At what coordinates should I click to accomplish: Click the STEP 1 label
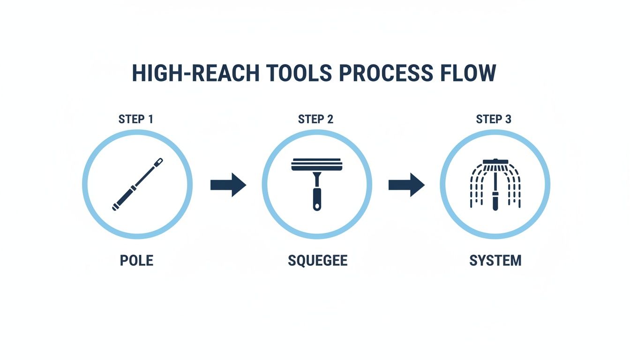click(136, 119)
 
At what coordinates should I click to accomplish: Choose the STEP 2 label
click(316, 119)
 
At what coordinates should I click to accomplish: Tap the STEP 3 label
click(494, 119)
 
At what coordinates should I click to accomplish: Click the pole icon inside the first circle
click(137, 184)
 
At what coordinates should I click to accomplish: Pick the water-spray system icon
click(495, 184)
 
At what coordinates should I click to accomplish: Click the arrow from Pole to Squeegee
click(228, 185)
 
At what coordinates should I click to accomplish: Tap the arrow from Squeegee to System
click(406, 185)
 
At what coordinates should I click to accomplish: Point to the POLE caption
click(136, 260)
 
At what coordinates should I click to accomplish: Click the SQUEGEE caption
click(317, 260)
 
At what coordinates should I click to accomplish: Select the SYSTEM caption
click(495, 260)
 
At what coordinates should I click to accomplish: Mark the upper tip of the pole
click(160, 161)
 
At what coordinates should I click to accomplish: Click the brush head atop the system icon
click(495, 162)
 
